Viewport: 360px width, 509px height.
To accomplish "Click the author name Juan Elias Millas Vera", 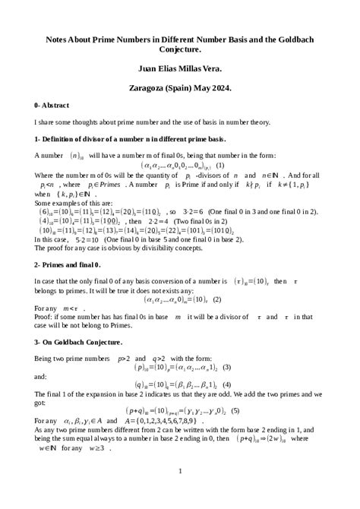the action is [179, 67].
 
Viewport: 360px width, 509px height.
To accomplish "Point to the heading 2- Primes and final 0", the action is [67, 264].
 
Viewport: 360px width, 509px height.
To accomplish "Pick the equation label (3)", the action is [226, 368].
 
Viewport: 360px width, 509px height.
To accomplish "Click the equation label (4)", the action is [226, 384].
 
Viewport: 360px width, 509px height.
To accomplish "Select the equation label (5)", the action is [235, 411].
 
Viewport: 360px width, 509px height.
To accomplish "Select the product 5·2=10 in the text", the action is [91, 239].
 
